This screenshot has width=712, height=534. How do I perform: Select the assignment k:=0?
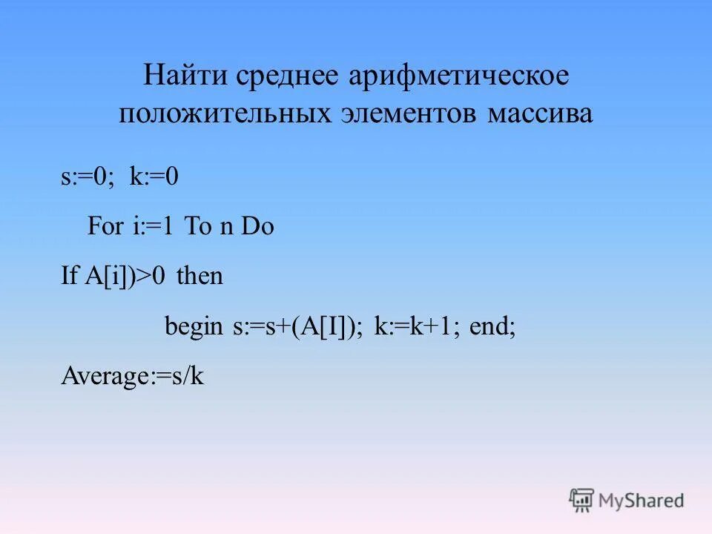pyautogui.click(x=154, y=178)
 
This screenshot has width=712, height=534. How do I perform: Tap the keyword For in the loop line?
pyautogui.click(x=105, y=227)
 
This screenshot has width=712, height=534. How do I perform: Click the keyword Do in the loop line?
pyautogui.click(x=258, y=227)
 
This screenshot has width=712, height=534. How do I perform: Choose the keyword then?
pyautogui.click(x=200, y=277)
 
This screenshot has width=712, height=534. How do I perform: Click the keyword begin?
pyautogui.click(x=193, y=327)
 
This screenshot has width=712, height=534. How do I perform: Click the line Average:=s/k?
pyautogui.click(x=132, y=377)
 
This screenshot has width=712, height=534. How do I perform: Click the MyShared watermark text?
pyautogui.click(x=642, y=501)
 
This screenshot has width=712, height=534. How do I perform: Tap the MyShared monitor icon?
pyautogui.click(x=582, y=500)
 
